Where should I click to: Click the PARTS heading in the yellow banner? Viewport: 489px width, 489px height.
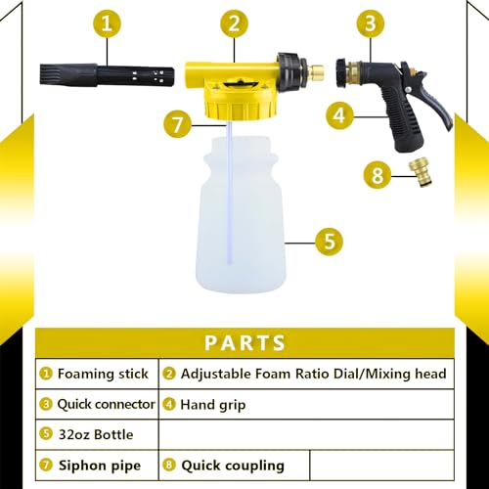(245, 342)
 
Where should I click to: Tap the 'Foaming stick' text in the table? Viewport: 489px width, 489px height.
(103, 373)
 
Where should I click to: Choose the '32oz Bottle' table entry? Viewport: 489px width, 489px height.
(96, 433)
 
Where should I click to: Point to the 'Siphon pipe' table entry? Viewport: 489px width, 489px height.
(98, 466)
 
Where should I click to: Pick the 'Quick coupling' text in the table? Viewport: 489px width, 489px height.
(231, 466)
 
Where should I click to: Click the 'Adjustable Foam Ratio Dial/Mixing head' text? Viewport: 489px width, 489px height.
(311, 373)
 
